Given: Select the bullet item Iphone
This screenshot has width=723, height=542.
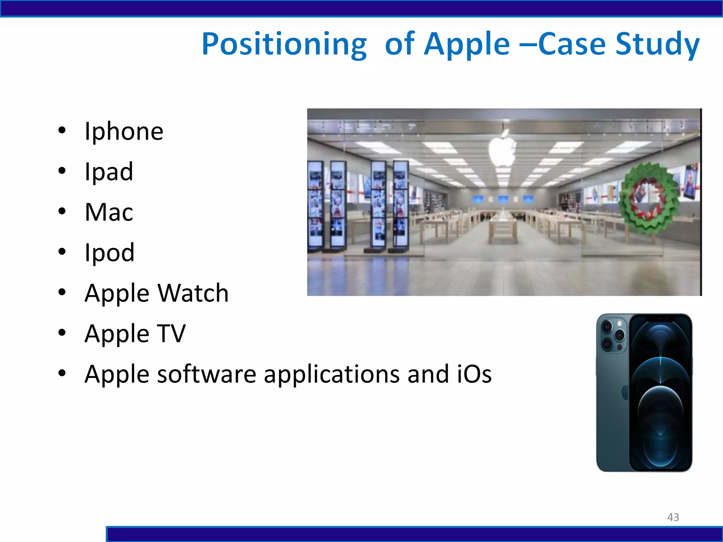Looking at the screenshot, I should pyautogui.click(x=124, y=131).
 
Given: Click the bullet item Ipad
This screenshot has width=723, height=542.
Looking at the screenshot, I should pyautogui.click(x=109, y=172).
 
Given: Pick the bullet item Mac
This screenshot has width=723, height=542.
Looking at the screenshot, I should pyautogui.click(x=109, y=212).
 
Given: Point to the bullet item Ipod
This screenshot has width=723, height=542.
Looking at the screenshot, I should pyautogui.click(x=109, y=253).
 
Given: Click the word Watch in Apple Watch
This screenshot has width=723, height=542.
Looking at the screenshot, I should pyautogui.click(x=193, y=293).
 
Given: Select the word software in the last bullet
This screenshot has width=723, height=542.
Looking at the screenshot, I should pyautogui.click(x=207, y=374).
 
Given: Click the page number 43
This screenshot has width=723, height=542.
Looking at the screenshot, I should pyautogui.click(x=673, y=517).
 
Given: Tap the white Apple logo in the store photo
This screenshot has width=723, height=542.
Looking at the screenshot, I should pyautogui.click(x=502, y=150).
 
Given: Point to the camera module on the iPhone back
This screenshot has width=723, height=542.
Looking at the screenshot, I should pyautogui.click(x=613, y=335).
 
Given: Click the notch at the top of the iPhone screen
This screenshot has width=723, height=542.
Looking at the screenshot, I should pyautogui.click(x=661, y=319).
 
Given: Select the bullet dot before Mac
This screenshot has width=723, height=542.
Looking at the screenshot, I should pyautogui.click(x=62, y=212).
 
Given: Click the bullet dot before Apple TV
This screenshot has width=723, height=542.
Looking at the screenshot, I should pyautogui.click(x=62, y=333).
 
